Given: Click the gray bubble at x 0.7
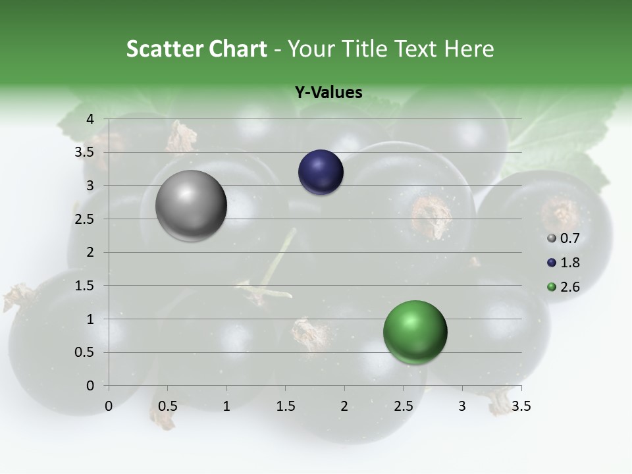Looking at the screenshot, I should pos(192,205).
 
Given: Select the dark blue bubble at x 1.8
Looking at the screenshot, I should pos(321,172).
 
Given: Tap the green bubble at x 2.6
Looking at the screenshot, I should pos(415,332).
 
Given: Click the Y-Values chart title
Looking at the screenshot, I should pos(328,93).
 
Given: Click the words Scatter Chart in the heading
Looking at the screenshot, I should pos(196,49).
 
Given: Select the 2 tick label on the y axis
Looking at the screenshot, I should pos(91,252).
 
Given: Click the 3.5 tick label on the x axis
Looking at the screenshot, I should pos(521,406).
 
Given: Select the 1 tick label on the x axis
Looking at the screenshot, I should pos(226,406).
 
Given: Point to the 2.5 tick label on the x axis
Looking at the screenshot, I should pos(403,406).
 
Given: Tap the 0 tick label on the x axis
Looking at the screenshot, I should pos(109,406).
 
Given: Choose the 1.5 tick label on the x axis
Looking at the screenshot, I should pos(285,406).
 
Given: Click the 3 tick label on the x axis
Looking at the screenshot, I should pos(462,406).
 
